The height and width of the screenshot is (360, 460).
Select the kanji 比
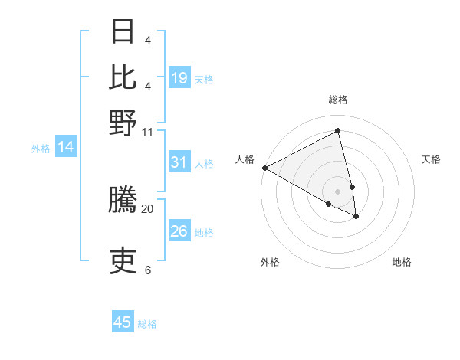point(123,77)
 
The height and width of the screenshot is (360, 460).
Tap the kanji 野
point(123,123)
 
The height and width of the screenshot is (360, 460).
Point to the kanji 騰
point(123,201)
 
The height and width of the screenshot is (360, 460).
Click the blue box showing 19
point(179,77)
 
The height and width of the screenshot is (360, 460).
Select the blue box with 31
point(179,162)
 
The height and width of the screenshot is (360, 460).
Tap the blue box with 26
point(179,231)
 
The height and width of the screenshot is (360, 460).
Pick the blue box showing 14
point(66,147)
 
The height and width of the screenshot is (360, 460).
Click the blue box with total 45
point(123,322)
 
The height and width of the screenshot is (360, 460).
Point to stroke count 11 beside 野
point(147,132)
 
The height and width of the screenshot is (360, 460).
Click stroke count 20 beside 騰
point(147,208)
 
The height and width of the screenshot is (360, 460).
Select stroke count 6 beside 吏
point(147,270)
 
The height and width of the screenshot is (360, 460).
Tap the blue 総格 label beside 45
point(147,324)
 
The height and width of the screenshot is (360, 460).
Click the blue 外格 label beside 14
point(41,149)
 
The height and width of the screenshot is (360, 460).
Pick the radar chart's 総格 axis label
point(338,100)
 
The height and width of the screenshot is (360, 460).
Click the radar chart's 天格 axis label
point(431,159)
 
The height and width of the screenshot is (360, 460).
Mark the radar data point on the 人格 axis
point(264,168)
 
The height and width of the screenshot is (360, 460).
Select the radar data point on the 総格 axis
point(338,131)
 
